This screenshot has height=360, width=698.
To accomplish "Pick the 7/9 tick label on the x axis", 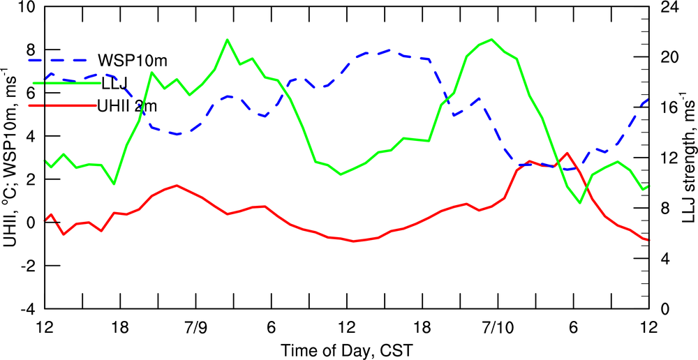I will click(x=195, y=327).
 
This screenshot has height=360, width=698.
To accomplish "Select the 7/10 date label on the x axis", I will click(x=498, y=327).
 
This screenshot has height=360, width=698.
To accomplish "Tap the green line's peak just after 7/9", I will click(x=227, y=40).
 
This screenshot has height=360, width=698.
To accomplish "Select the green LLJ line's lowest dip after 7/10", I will click(x=580, y=203).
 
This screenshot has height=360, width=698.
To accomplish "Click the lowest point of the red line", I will click(x=354, y=241).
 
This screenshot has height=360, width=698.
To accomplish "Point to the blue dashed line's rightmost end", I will click(x=649, y=100).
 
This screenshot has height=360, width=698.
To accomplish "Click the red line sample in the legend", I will click(x=63, y=106).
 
